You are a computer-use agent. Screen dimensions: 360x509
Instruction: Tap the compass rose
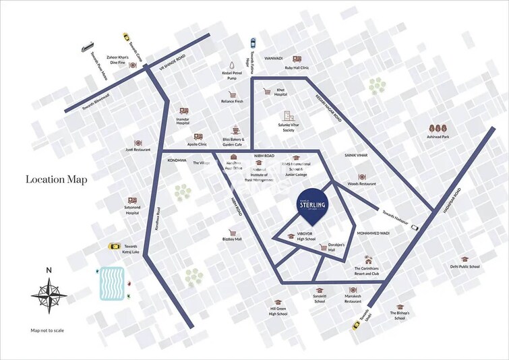tap(48, 294)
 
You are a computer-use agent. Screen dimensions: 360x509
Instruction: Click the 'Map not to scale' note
tap(47, 330)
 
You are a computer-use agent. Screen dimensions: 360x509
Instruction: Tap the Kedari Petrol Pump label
tap(231, 76)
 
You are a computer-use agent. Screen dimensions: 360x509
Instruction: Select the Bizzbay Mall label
tap(232, 239)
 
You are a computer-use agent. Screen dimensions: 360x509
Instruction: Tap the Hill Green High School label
tap(278, 311)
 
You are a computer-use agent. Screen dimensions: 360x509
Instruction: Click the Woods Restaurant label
tap(362, 183)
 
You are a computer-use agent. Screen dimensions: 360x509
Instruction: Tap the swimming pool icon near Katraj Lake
tap(111, 283)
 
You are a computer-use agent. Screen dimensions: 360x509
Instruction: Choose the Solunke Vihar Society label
tap(289, 127)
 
